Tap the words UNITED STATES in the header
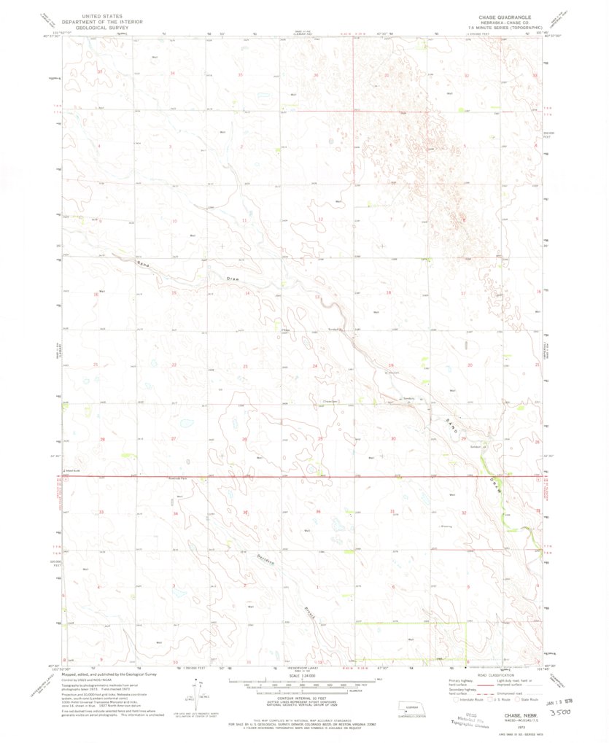click(102, 14)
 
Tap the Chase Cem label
click(329, 400)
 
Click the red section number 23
click(245, 365)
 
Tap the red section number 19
click(392, 365)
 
